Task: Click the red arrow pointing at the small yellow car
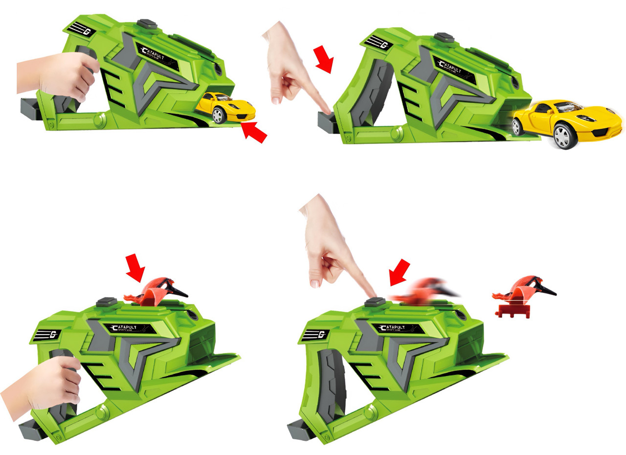255,132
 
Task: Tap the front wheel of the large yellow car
563,137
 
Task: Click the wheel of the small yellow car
219,115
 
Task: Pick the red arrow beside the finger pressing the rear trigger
324,60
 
